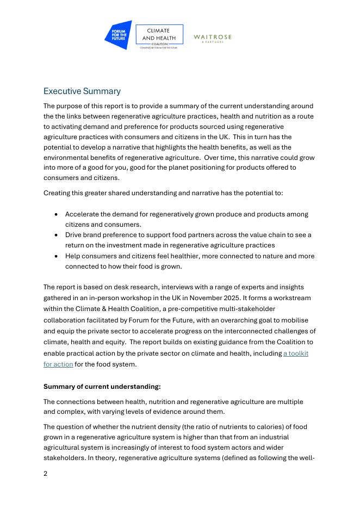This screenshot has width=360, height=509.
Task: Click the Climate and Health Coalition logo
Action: (x=159, y=36)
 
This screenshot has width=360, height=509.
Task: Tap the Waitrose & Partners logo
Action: (x=213, y=38)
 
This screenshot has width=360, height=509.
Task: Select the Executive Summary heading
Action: (x=82, y=91)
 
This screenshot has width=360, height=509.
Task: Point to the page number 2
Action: (x=46, y=473)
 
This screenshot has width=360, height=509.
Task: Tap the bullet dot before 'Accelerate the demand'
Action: (x=57, y=214)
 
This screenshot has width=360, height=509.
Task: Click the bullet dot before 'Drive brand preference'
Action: (x=57, y=235)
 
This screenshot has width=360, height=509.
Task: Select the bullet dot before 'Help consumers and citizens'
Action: (x=57, y=256)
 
